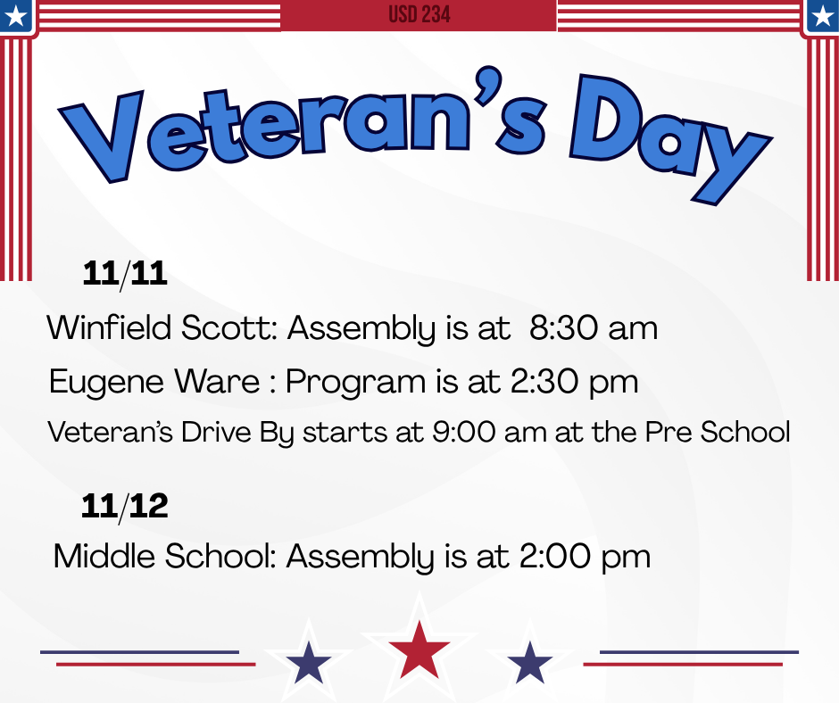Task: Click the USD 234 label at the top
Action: (419, 15)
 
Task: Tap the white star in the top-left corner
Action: (15, 15)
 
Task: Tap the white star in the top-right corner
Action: (822, 15)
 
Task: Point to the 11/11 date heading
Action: (125, 274)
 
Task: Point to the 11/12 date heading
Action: (125, 507)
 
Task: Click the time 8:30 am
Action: (593, 328)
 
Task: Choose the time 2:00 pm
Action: (586, 557)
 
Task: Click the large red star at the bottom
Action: (419, 649)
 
